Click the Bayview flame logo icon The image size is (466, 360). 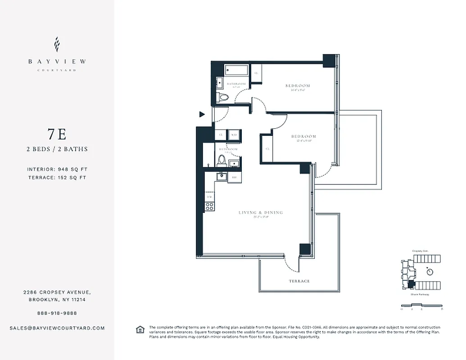click(57, 45)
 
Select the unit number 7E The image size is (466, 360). click(57, 134)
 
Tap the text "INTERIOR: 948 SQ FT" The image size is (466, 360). click(57, 170)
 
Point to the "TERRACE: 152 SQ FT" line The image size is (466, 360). click(57, 177)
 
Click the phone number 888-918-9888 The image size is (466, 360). click(57, 313)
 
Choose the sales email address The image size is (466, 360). click(57, 328)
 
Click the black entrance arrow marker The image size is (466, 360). click(202, 115)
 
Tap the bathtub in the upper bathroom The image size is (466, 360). click(236, 71)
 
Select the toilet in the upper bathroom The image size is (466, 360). click(224, 97)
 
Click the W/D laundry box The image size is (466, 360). click(234, 135)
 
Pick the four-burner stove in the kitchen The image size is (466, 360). click(209, 207)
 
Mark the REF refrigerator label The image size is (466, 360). click(234, 178)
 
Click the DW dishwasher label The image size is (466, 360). click(209, 197)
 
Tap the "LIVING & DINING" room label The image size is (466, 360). click(261, 212)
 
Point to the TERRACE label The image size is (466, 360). click(299, 281)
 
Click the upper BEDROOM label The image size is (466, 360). click(298, 85)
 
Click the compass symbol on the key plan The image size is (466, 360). click(430, 272)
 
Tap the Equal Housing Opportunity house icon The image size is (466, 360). click(140, 330)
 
